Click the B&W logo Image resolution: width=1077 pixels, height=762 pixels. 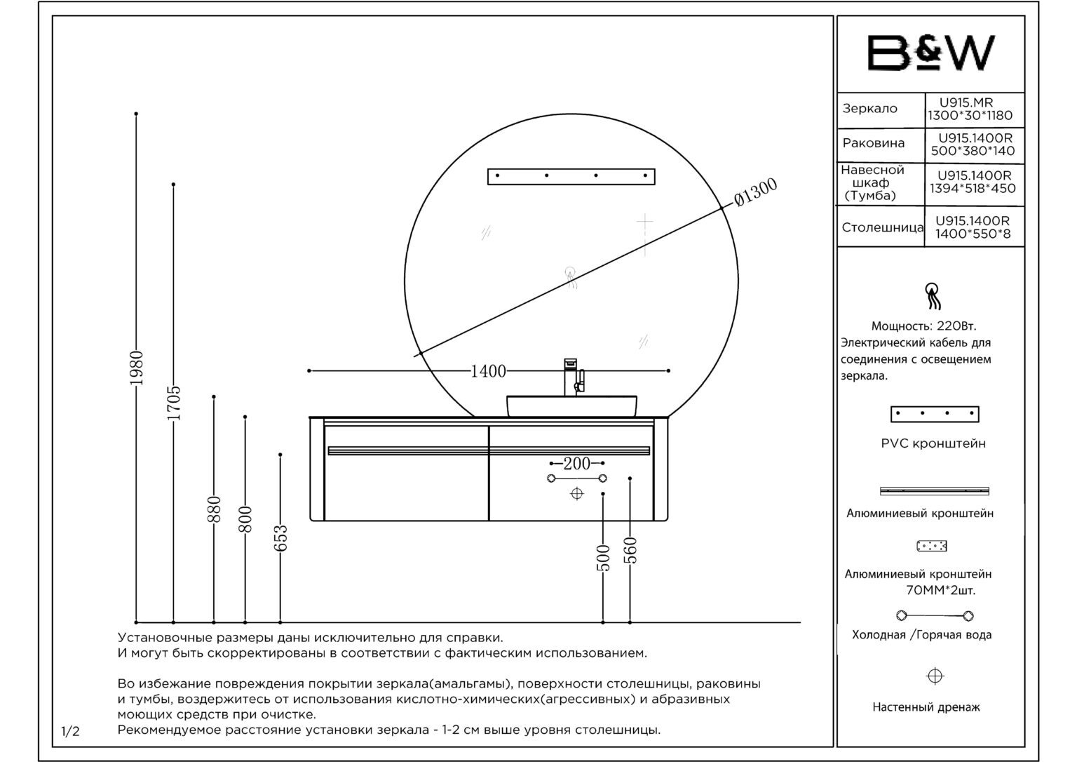pos(931,53)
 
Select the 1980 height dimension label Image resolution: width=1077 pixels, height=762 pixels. pos(137,368)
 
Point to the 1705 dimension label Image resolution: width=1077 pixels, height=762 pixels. pos(174,403)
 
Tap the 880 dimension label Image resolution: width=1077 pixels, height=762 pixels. pos(214,509)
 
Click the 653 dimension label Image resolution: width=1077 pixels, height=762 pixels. pos(280,538)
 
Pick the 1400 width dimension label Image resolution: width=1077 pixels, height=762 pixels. pos(488,371)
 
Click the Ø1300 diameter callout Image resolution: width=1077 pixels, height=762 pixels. pos(756,192)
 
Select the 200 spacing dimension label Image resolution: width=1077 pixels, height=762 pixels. pos(577,463)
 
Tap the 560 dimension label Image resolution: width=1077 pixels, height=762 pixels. pos(630,550)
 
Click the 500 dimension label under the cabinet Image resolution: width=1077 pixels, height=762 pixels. pos(603,558)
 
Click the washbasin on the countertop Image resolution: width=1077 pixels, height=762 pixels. pos(571,406)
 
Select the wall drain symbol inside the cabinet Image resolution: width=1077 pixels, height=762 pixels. pos(577,493)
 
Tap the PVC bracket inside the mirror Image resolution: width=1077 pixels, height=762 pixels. pos(571,177)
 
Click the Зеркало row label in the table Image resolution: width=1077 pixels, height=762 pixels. pos(869,109)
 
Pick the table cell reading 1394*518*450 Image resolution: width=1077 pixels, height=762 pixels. pos(973,189)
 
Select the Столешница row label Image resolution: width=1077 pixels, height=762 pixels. pos(883,227)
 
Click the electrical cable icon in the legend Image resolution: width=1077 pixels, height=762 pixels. pos(933,296)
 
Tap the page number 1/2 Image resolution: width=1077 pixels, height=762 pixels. pos(70,732)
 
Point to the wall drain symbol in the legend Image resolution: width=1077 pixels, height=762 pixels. pos(935,676)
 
